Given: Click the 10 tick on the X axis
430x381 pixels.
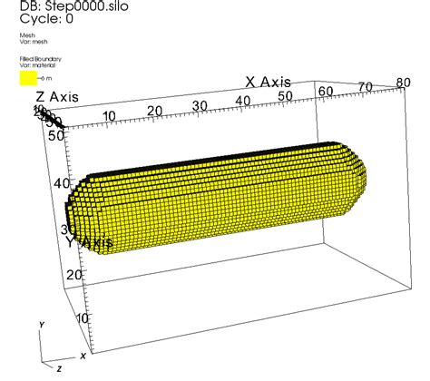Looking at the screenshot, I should point(111,115).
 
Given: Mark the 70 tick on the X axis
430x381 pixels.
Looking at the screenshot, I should point(366,87).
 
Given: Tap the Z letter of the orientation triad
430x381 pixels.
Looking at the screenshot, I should point(58,370).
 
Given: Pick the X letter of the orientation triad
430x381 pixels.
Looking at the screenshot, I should point(83,355).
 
